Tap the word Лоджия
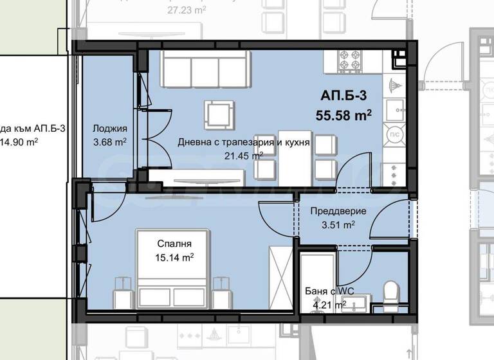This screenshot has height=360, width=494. (x=105, y=128)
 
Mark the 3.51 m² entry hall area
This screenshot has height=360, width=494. (x=338, y=225)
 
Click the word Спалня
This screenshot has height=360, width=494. (x=175, y=244)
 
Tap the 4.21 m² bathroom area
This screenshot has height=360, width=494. (x=329, y=305)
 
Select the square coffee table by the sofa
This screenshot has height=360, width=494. (x=217, y=114)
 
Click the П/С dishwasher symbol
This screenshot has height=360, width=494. (x=392, y=136)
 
